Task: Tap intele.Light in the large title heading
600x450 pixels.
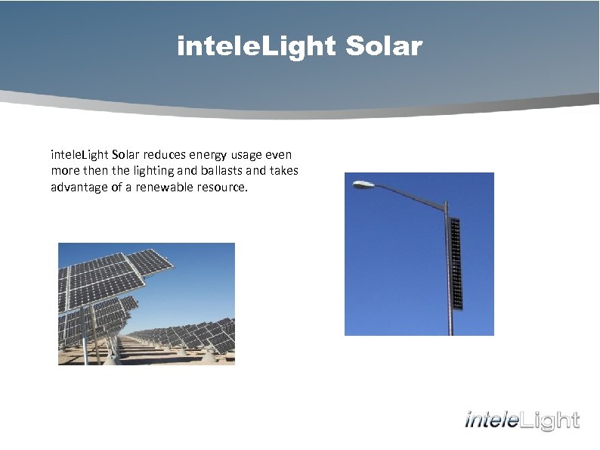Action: tap(255, 47)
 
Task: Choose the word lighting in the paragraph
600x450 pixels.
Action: tap(141, 171)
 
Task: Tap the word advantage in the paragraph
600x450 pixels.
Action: tap(79, 187)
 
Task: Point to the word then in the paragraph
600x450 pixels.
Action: tap(92, 171)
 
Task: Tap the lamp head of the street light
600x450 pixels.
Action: tap(363, 184)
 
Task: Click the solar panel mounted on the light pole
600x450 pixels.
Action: tap(455, 263)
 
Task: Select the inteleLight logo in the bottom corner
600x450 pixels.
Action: tap(522, 421)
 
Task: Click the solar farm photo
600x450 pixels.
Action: tap(147, 303)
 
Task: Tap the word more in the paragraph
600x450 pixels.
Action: tap(65, 171)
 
